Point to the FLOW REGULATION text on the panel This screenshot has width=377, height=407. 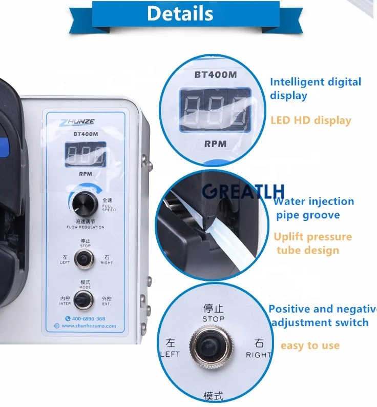tap(85, 226)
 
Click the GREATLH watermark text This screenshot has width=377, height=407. tap(243, 191)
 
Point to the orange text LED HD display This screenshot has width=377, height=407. tap(310, 120)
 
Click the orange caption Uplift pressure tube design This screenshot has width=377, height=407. tap(312, 243)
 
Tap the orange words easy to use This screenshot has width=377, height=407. tap(310, 345)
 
